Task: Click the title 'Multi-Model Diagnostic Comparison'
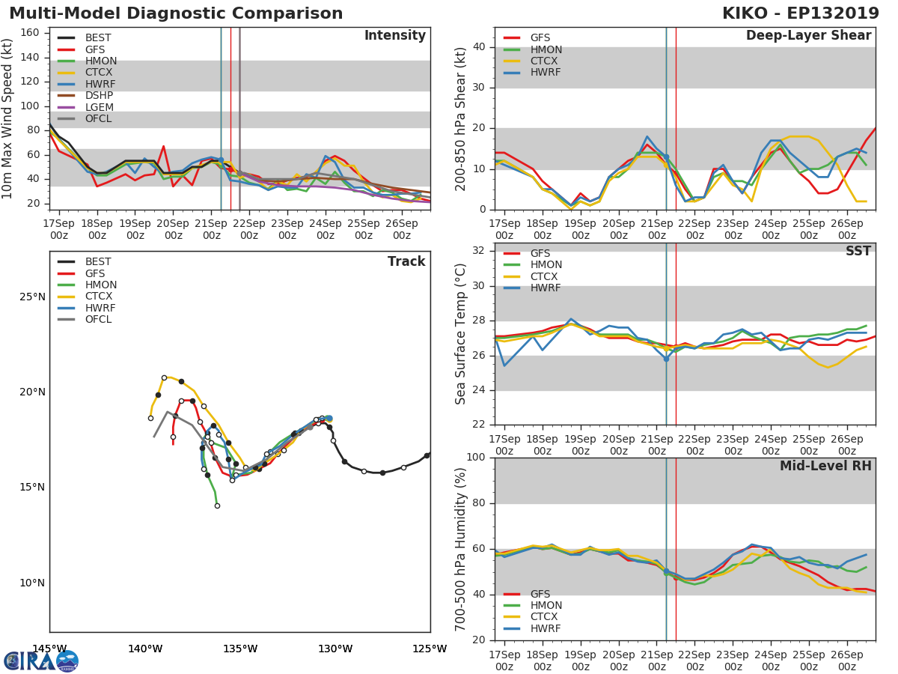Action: (176, 13)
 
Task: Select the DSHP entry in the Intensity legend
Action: (99, 96)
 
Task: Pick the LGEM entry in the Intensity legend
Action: (99, 107)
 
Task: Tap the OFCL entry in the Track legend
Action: (98, 320)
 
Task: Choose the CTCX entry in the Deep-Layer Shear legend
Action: (545, 61)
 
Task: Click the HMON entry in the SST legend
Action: (546, 265)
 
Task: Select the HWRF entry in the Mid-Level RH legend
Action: (545, 628)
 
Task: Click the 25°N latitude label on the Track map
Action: (32, 297)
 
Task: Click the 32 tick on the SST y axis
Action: (479, 251)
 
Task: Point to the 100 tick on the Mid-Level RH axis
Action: (475, 458)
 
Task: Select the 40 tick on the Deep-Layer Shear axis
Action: (479, 47)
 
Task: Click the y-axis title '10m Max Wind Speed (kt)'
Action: (9, 118)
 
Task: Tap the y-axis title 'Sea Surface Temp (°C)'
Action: (461, 334)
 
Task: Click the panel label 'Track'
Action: (406, 261)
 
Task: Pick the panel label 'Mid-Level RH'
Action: (825, 467)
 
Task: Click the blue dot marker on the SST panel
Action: (666, 359)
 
